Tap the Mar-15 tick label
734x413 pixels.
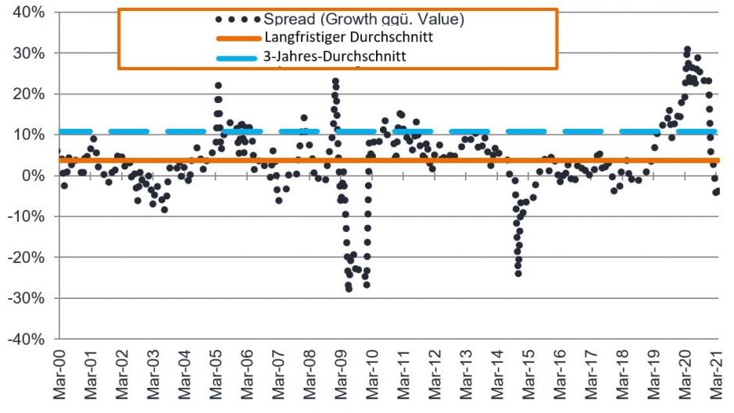coord(530,378)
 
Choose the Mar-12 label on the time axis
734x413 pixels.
coord(435,378)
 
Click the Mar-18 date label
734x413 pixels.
coord(625,378)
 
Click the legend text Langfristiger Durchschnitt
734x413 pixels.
coord(349,37)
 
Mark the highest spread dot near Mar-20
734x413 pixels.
coord(687,50)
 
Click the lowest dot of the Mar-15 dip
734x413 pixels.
coord(517,273)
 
